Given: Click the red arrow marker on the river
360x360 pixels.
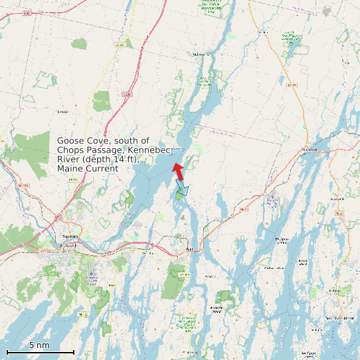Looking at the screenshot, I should click(178, 169).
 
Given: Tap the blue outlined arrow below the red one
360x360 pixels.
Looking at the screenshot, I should click(182, 191).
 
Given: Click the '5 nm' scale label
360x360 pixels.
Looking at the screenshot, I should click(39, 345).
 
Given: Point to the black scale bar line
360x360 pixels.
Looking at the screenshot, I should click(40, 351).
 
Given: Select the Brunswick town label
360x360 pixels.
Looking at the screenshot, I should click(66, 246).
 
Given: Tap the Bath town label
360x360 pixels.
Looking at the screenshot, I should click(189, 250).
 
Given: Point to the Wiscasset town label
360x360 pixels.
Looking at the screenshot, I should click(310, 149).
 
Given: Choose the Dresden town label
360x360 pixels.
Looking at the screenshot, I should click(262, 31).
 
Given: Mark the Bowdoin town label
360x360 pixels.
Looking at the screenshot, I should click(63, 111).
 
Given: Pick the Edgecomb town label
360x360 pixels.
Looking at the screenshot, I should click(337, 198).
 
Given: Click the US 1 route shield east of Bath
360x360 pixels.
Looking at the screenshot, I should click(242, 209).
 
